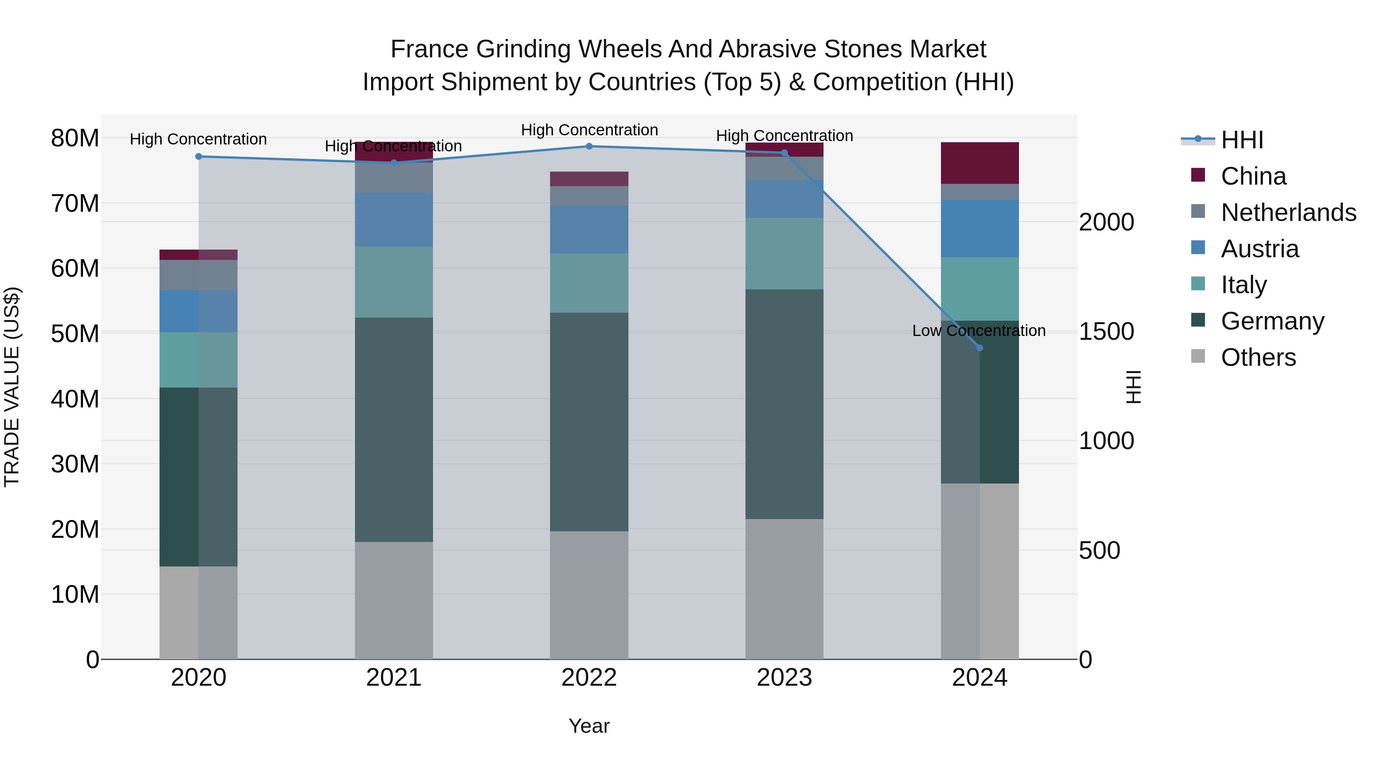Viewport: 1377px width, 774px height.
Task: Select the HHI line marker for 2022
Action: tap(589, 146)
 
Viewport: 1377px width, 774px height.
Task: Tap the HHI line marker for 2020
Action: tap(198, 156)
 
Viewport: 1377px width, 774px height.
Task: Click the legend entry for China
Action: tap(1253, 176)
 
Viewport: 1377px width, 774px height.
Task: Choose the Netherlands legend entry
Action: tap(1288, 213)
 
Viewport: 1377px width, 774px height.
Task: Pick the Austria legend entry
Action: tap(1260, 249)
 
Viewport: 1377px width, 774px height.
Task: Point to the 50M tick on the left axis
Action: tap(75, 334)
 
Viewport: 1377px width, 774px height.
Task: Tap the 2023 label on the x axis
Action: tap(784, 678)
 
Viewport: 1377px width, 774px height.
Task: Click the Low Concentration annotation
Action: tap(979, 331)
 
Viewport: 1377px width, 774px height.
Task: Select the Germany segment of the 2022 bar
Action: tap(589, 422)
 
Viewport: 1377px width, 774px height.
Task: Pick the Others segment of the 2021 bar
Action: tap(394, 600)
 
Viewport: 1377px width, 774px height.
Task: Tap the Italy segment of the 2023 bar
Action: tap(784, 254)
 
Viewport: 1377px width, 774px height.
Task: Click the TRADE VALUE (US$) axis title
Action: tap(12, 387)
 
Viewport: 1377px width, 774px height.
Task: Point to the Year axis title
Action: tap(589, 726)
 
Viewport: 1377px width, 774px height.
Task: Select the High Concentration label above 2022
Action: tap(589, 130)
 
